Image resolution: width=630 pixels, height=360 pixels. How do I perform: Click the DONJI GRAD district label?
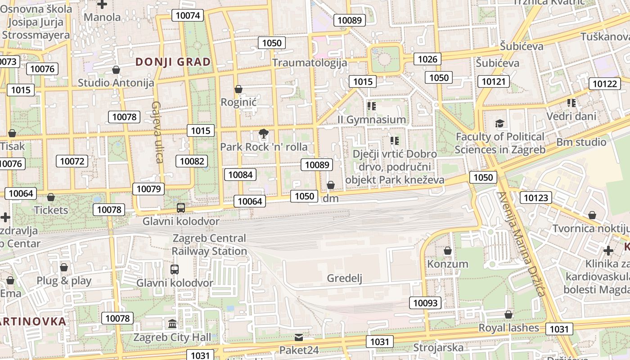(173, 62)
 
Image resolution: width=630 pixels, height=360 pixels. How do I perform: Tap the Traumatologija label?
(310, 63)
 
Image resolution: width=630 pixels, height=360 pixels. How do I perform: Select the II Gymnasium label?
(372, 119)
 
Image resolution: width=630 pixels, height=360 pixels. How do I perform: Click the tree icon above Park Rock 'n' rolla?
(263, 133)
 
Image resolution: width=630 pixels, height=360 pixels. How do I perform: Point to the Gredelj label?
(345, 278)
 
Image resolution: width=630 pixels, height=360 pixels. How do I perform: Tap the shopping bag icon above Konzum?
(448, 251)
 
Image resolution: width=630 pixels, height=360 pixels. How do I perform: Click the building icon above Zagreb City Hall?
(172, 324)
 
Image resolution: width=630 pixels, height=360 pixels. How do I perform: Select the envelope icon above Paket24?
(299, 337)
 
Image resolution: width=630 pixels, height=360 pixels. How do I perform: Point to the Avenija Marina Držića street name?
(522, 244)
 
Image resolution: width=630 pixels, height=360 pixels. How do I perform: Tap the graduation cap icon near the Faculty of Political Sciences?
(499, 123)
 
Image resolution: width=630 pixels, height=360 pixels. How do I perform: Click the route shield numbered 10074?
(188, 15)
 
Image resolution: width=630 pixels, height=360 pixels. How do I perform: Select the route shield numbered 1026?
(427, 59)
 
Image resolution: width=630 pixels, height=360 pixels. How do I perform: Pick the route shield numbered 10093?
(425, 303)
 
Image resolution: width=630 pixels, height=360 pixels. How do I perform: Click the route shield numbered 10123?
(536, 198)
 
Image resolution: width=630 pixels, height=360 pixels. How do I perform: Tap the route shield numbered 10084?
(241, 175)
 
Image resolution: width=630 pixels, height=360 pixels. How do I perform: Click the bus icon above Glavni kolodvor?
(181, 208)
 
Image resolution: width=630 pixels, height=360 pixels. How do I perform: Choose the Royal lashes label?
(508, 328)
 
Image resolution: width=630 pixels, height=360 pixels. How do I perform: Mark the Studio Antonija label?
(116, 83)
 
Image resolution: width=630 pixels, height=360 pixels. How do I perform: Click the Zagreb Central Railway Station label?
(210, 244)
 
